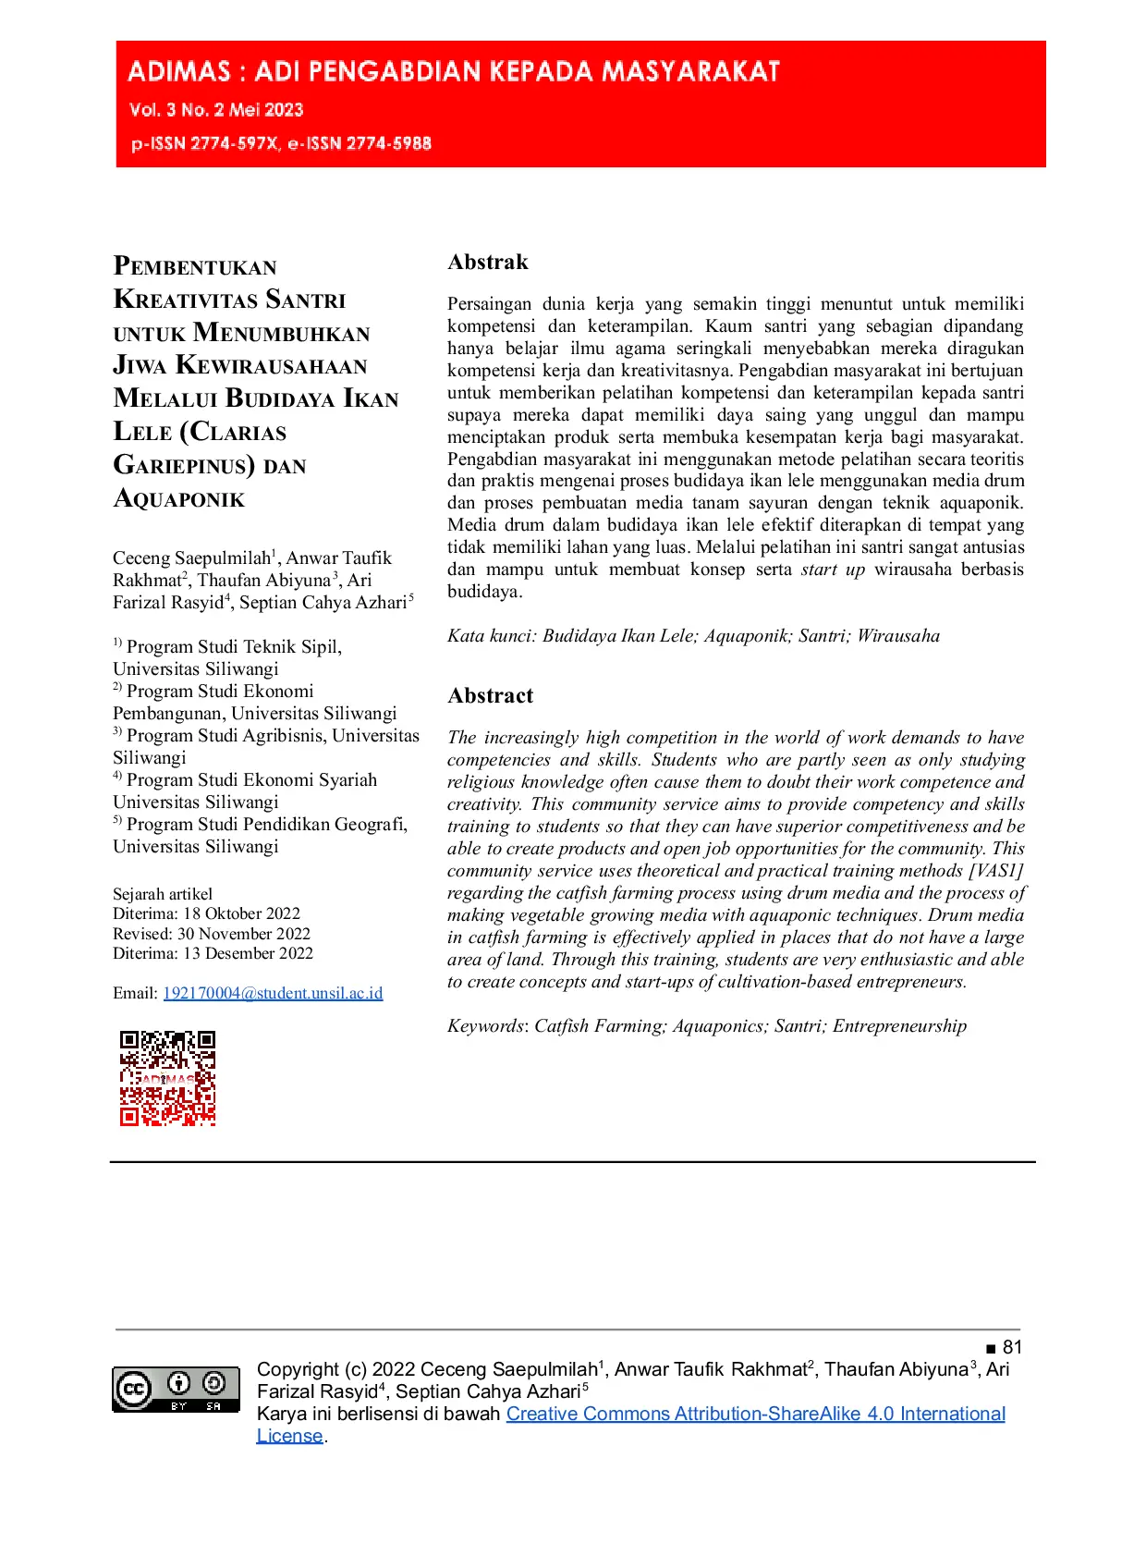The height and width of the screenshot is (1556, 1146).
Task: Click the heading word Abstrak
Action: tap(488, 263)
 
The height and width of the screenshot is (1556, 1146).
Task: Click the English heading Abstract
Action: tap(491, 696)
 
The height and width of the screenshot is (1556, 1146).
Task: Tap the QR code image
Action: tap(167, 1078)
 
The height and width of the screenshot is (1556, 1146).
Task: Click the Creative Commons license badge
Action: tap(176, 1389)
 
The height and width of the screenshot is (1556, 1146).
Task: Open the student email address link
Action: tap(273, 993)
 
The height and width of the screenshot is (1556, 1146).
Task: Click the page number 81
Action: tap(1012, 1347)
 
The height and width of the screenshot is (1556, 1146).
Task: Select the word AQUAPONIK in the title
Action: tap(179, 500)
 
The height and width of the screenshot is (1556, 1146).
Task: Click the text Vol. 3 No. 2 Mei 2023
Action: tap(216, 110)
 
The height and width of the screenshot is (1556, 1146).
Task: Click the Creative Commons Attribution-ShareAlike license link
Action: tap(755, 1414)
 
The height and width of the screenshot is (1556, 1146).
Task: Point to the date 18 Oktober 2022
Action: tap(241, 913)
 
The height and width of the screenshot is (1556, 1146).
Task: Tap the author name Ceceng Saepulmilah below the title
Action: tap(191, 558)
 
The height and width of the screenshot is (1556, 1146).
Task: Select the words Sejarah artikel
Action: tap(163, 894)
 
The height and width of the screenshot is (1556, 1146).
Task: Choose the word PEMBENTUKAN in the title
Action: tap(195, 267)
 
